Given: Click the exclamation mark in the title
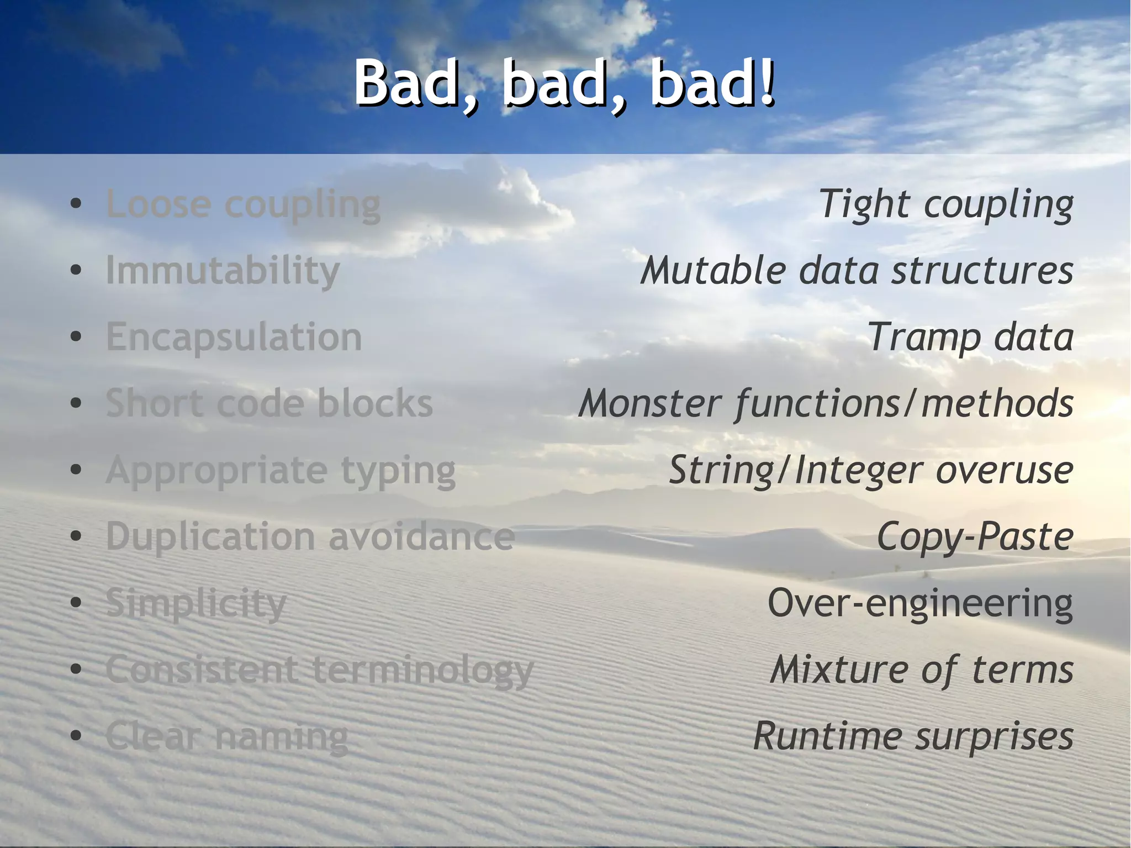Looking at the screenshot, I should (766, 83).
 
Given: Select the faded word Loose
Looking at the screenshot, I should (158, 204).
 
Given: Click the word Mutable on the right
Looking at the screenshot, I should (713, 271).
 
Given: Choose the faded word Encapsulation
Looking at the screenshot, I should (234, 338).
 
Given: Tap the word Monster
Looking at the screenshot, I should (650, 403).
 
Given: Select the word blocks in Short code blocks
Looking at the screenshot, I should (375, 403).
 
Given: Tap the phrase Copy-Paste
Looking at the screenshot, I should (975, 537).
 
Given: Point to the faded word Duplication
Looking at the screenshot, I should (210, 537).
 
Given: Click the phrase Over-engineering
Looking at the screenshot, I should (920, 603).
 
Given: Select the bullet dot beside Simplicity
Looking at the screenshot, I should (76, 603).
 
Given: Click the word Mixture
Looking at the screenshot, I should (838, 670).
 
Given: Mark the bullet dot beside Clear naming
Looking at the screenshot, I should (76, 736).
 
